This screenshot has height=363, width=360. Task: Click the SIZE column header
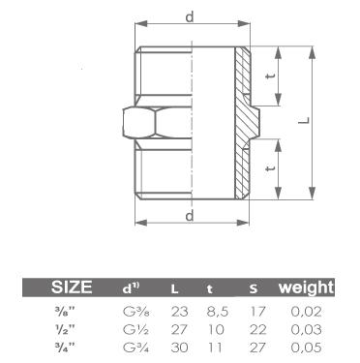72,287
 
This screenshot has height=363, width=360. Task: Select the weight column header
306,287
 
